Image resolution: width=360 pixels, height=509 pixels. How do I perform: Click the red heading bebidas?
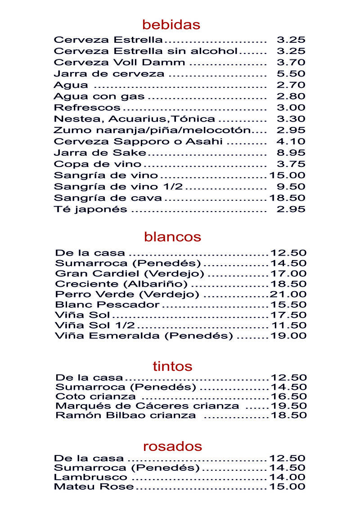coord(171,24)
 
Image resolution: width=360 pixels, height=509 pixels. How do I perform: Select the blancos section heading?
coord(172,236)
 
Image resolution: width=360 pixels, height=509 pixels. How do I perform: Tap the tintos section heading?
coord(172,366)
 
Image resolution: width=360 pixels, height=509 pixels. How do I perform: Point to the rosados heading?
coord(172,446)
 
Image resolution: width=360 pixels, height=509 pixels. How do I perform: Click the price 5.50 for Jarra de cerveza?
coord(291,73)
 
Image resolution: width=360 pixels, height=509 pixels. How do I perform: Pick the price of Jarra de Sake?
coord(291,153)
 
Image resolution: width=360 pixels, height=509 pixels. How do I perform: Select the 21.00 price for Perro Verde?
coord(288,294)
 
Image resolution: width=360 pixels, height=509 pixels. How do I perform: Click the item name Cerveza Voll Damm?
coord(119,63)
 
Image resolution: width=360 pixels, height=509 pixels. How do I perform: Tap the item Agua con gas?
coord(99,96)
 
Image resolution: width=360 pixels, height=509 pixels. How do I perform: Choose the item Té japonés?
coord(90,209)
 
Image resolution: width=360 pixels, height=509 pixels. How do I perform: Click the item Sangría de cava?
coord(108,198)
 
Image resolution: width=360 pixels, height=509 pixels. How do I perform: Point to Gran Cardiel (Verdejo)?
coord(130,274)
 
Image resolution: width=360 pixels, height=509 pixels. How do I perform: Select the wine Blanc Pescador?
coord(107,305)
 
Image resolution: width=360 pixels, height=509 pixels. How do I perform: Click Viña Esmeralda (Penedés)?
coord(144,336)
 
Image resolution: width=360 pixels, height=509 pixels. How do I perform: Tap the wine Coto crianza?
coord(95,396)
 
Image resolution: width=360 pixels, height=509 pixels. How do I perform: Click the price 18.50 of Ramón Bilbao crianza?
coord(288,415)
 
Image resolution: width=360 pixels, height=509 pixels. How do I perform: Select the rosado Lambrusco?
coord(90,477)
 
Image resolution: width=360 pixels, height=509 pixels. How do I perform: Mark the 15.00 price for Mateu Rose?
coord(287,486)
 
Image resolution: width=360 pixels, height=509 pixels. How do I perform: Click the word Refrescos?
coord(87,108)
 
